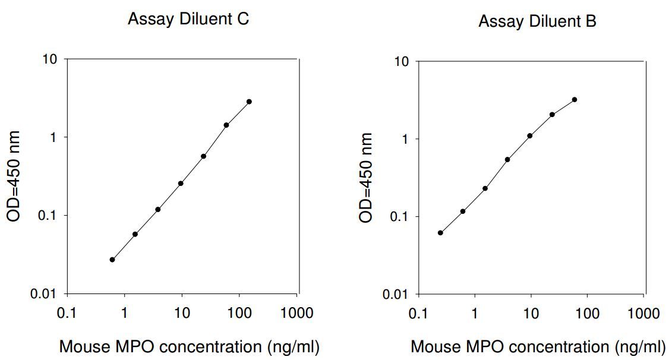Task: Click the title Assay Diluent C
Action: pyautogui.click(x=188, y=19)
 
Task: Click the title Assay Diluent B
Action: pyautogui.click(x=538, y=21)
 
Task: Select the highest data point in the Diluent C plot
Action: pyautogui.click(x=249, y=102)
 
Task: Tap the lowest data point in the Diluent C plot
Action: pyautogui.click(x=112, y=260)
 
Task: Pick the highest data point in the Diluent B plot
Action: pyautogui.click(x=575, y=99)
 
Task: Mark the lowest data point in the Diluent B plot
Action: pyautogui.click(x=440, y=233)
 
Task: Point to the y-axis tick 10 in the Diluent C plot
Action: pyautogui.click(x=50, y=59)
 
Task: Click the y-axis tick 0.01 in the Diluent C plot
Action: pyautogui.click(x=44, y=294)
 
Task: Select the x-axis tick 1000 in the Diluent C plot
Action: pyautogui.click(x=296, y=313)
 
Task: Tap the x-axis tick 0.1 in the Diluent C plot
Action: pyautogui.click(x=67, y=313)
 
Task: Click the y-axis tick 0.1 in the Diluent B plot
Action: pyautogui.click(x=399, y=217)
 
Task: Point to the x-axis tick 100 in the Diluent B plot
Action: pyautogui.click(x=587, y=313)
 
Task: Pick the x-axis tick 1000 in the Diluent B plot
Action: pyautogui.click(x=643, y=313)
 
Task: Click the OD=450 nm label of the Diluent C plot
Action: pyautogui.click(x=14, y=176)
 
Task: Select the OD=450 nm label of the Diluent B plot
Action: pyautogui.click(x=365, y=178)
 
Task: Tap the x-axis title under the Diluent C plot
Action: pyautogui.click(x=189, y=347)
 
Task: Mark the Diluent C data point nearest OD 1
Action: pyautogui.click(x=226, y=125)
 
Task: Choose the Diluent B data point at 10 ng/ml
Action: pyautogui.click(x=530, y=136)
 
